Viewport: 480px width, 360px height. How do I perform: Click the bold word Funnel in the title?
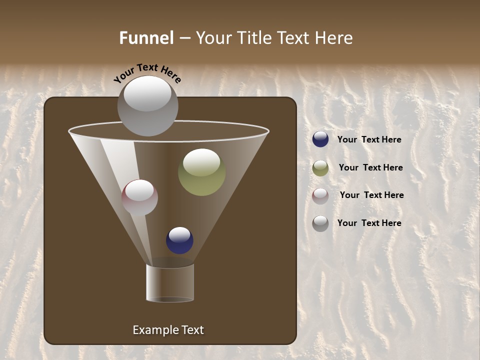[x=146, y=38]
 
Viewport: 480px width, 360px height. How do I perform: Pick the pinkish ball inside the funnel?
[x=139, y=198]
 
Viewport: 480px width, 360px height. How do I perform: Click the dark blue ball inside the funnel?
[x=179, y=240]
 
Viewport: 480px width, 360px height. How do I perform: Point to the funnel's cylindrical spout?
[x=170, y=283]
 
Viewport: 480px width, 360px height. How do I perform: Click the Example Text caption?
[x=168, y=330]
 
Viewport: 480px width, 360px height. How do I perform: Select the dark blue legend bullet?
[x=320, y=139]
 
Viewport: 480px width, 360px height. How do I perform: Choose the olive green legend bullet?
[x=320, y=168]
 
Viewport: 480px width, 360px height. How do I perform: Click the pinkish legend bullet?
[x=320, y=196]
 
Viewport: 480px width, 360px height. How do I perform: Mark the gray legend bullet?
[x=320, y=223]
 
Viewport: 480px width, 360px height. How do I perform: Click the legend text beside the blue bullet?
[x=369, y=139]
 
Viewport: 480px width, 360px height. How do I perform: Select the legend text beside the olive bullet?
[x=370, y=167]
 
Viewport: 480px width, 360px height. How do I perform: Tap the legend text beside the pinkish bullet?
[x=371, y=195]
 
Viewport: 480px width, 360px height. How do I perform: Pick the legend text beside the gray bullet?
[x=369, y=223]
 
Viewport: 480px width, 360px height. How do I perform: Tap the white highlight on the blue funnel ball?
[x=179, y=234]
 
